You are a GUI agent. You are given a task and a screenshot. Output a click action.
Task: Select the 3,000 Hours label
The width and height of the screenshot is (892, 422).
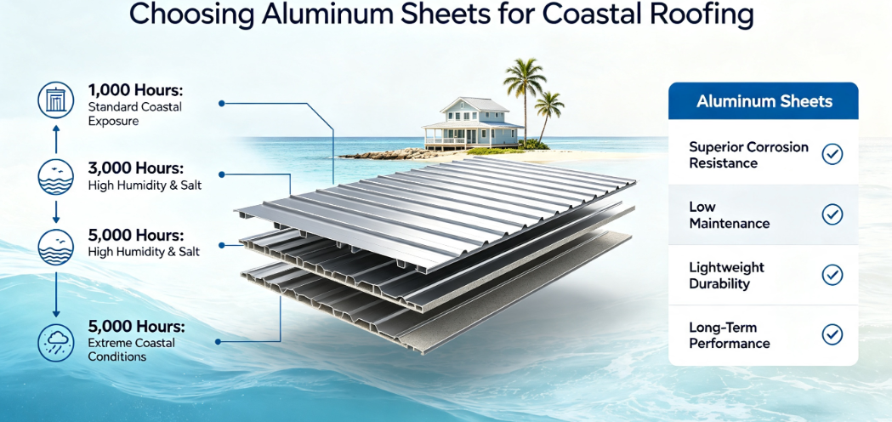[135, 169]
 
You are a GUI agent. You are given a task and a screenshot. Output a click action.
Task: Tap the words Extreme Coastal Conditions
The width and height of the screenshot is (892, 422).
[132, 350]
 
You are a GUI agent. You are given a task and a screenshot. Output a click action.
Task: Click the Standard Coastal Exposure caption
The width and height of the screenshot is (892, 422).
[135, 113]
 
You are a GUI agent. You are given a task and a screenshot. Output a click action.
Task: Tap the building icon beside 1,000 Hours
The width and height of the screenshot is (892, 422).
[56, 100]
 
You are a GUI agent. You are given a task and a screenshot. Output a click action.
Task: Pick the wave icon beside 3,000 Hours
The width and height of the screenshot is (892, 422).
[56, 177]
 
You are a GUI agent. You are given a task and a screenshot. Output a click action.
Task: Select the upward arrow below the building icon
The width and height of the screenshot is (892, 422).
[56, 139]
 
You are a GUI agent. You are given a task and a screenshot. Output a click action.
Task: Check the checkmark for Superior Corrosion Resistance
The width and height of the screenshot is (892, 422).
[832, 154]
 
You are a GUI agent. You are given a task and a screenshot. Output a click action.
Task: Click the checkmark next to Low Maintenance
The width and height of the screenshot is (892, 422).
[832, 214]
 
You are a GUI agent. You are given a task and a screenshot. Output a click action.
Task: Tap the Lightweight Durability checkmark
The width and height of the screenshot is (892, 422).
[832, 275]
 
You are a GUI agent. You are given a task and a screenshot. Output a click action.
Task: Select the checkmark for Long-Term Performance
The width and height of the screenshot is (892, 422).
[832, 335]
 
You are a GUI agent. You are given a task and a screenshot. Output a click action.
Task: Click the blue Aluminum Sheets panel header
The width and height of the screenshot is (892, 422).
[764, 101]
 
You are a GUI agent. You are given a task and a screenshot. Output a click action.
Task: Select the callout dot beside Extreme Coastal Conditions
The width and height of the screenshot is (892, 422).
[219, 342]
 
